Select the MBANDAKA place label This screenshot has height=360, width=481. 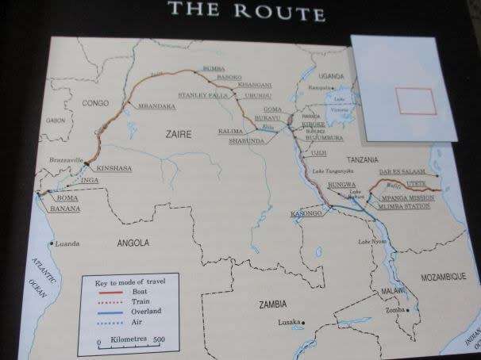[x=156, y=105]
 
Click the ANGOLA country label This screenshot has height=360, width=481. [x=134, y=243]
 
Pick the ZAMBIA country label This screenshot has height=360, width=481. [x=272, y=304]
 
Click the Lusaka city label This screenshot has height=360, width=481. [x=288, y=322]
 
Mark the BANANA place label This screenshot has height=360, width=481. [x=64, y=209]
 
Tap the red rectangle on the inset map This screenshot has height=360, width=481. [x=416, y=101]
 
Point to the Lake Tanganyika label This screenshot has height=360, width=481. [x=329, y=172]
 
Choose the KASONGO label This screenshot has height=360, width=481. [x=306, y=213]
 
